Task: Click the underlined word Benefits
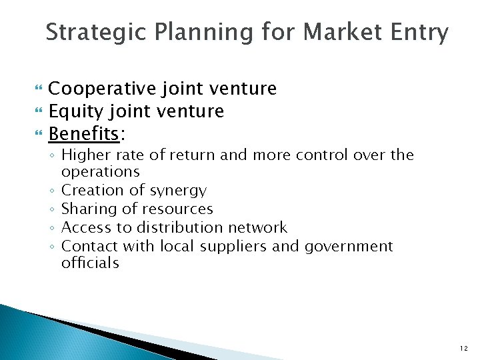[x=83, y=133]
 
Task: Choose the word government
[x=349, y=247]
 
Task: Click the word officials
[x=90, y=263]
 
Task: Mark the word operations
[x=100, y=172]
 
